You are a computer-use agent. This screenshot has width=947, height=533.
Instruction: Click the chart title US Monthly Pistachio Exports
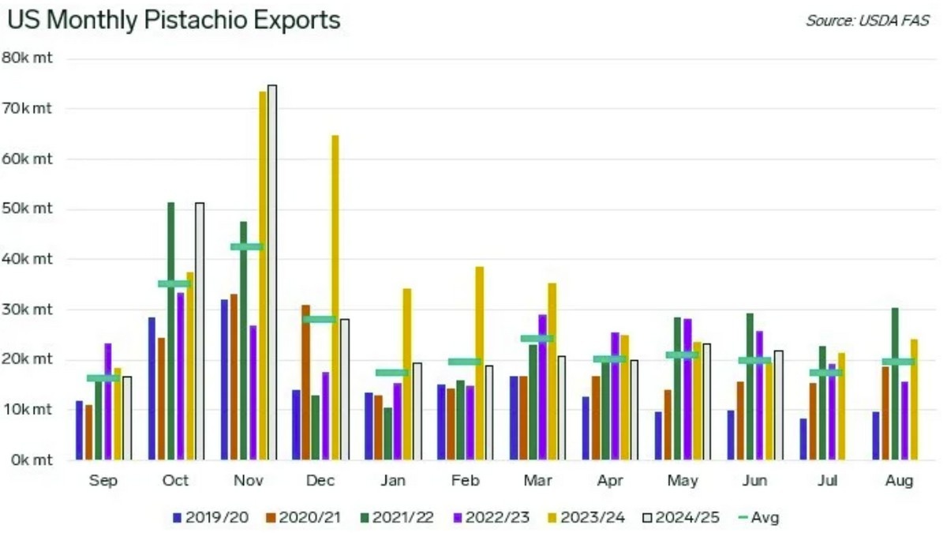(174, 20)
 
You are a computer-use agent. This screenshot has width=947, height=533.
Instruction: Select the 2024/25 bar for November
(272, 272)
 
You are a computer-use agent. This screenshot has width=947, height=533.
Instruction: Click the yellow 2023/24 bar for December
(335, 297)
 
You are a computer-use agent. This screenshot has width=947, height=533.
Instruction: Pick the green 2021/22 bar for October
(170, 331)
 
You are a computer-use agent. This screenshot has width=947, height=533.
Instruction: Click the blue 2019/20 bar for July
(803, 439)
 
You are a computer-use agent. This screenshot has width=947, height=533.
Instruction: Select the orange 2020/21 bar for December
(306, 382)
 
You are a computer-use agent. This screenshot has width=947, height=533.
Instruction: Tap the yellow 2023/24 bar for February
(480, 363)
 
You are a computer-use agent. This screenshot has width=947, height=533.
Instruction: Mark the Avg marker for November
(246, 246)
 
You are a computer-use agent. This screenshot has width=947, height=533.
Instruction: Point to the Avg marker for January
(391, 373)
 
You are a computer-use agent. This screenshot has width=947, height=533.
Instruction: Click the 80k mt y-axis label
(27, 58)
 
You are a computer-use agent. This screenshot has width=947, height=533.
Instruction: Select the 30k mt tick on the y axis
(27, 310)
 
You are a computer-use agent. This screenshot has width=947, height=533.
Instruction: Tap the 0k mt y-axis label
(27, 460)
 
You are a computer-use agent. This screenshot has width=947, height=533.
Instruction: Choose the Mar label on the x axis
(538, 481)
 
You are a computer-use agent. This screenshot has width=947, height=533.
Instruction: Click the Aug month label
(900, 481)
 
